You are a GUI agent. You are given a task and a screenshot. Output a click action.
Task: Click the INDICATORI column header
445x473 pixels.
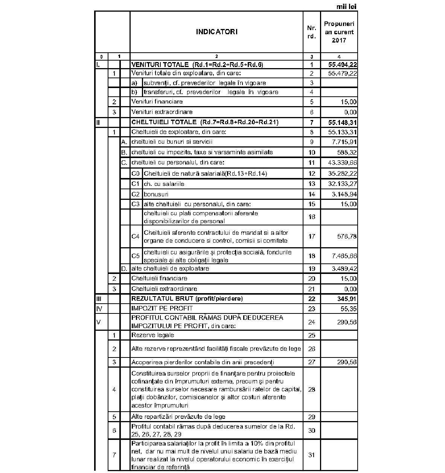pyautogui.click(x=216, y=32)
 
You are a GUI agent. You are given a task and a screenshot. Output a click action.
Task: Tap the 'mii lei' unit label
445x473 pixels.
pyautogui.click(x=346, y=6)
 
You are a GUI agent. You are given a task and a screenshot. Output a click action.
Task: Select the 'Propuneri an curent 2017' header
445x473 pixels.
pyautogui.click(x=339, y=32)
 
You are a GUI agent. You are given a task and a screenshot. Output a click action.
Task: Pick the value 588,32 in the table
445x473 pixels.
pyautogui.click(x=347, y=152)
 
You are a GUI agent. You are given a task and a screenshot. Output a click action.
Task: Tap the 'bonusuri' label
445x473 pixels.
pyautogui.click(x=156, y=194)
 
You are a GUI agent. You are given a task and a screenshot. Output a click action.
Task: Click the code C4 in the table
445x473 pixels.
pyautogui.click(x=136, y=236)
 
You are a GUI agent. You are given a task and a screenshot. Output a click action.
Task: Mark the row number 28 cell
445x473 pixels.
pyautogui.click(x=312, y=389)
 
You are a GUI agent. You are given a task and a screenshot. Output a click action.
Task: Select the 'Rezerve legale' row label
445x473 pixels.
pyautogui.click(x=153, y=335)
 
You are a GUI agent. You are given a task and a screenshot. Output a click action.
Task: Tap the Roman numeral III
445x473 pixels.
pyautogui.click(x=99, y=299)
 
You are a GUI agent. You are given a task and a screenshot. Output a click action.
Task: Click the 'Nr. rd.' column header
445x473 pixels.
pyautogui.click(x=312, y=32)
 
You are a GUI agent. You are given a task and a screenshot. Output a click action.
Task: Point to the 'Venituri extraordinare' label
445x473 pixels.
pyautogui.click(x=162, y=112)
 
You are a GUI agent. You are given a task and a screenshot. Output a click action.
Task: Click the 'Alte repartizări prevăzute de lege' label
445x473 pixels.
pyautogui.click(x=178, y=417)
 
